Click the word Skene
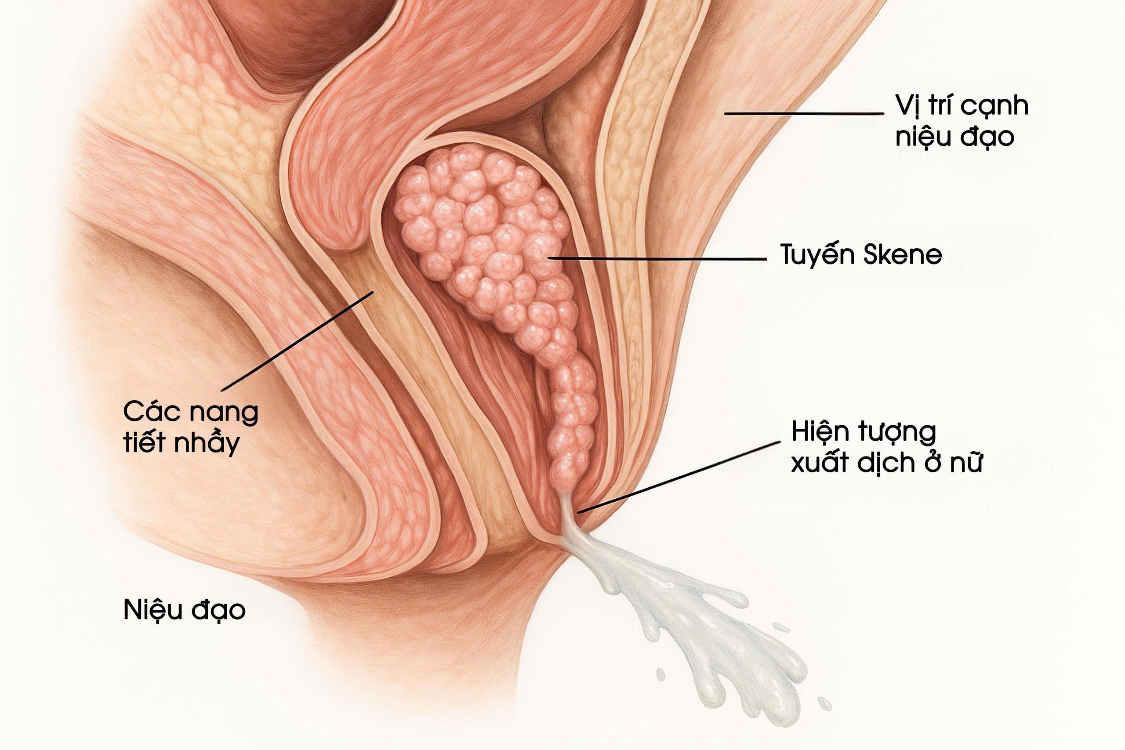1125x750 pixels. coord(903,255)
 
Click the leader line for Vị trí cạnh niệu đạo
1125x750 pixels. coord(804,113)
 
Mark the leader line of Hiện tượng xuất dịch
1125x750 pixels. coord(679,477)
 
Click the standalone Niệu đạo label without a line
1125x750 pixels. coord(184,610)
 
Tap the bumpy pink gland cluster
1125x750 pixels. coord(483,230)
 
